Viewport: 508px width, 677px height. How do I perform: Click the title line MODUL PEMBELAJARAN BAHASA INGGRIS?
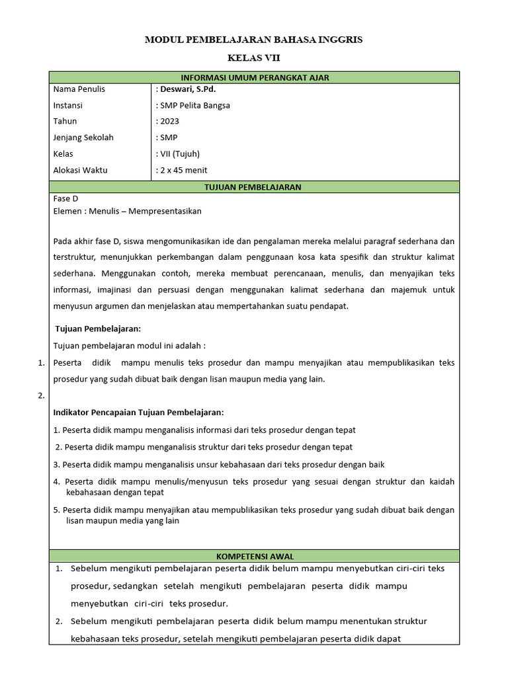tap(254, 40)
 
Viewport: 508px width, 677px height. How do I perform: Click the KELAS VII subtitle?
tap(254, 58)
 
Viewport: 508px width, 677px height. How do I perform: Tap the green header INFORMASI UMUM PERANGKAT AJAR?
tap(254, 77)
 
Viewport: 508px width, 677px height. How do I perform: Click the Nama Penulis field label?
tap(79, 89)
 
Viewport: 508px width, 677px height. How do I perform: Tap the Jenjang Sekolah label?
tap(83, 138)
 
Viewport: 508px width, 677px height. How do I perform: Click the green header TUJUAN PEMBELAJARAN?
tap(254, 187)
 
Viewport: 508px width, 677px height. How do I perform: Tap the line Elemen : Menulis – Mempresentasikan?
tap(127, 212)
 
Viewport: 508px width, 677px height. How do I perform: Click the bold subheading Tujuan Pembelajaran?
tap(97, 329)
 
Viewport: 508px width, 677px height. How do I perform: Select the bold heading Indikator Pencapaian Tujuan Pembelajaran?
tap(138, 413)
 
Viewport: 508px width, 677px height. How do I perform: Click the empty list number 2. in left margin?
tap(40, 395)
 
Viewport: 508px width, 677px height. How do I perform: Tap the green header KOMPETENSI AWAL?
tap(254, 556)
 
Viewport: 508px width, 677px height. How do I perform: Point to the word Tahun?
tap(65, 121)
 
